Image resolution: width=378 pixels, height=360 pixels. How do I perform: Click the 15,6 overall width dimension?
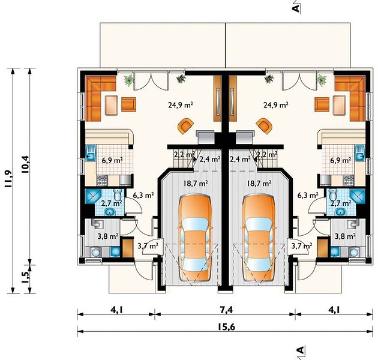[x=226, y=327]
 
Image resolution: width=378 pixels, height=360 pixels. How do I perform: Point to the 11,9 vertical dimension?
[x=8, y=179]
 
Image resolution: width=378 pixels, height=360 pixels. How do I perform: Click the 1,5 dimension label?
[x=25, y=278]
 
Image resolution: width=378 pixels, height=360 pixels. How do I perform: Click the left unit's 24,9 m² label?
[x=180, y=105]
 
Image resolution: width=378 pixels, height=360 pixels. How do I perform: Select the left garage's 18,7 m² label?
[x=196, y=183]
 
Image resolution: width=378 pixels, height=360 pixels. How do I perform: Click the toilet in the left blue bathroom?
[x=118, y=194]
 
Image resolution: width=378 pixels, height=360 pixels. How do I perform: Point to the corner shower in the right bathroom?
[x=358, y=197]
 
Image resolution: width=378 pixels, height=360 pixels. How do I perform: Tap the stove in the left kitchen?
[x=102, y=180]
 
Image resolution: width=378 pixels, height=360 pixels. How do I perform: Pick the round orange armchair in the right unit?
[x=265, y=125]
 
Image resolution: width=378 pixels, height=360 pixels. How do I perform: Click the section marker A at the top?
[x=296, y=8]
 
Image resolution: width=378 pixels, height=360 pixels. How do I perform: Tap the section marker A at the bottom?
[x=301, y=350]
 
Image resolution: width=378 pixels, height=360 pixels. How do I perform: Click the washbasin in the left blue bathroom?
[x=110, y=212]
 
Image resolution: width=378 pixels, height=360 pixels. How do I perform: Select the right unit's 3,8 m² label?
[x=345, y=236]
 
